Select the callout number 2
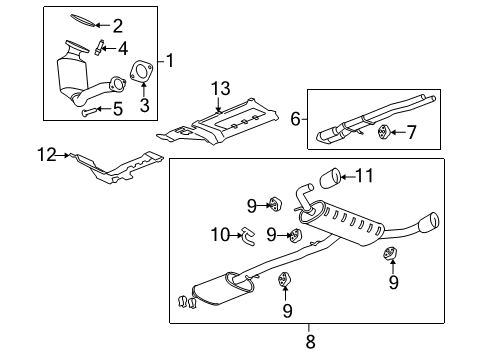coord(118,26)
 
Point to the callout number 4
coord(122,47)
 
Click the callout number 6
coord(296,118)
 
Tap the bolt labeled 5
coord(87,113)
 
